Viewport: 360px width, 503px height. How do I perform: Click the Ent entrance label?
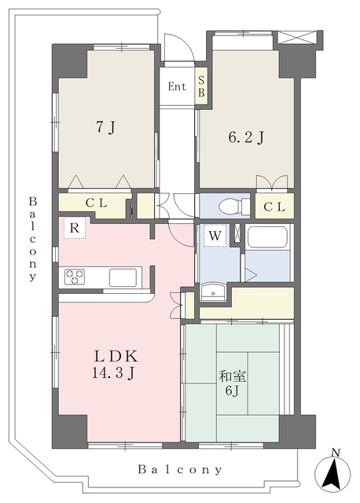tap(177, 86)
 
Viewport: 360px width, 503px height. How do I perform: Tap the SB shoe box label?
tap(201, 86)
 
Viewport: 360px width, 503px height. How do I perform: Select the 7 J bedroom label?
tap(106, 128)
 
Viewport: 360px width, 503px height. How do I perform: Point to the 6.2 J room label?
tap(246, 138)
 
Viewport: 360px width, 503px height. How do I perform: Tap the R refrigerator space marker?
tap(75, 228)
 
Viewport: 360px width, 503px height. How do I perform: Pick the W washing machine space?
tap(215, 236)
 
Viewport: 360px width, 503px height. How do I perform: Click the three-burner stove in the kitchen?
tap(75, 277)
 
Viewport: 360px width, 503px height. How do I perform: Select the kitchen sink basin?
tap(123, 277)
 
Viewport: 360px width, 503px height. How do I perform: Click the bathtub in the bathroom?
tap(267, 237)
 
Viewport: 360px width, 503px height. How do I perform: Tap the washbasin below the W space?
tap(211, 292)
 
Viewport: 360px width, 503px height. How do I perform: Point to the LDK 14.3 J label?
tap(115, 365)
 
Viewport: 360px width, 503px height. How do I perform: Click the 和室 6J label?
tap(233, 383)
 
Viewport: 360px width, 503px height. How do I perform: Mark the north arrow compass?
tap(332, 472)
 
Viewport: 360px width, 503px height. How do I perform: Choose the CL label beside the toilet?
tap(274, 207)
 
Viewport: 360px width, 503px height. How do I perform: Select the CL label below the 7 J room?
tap(96, 203)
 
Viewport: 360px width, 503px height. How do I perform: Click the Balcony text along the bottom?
tap(180, 470)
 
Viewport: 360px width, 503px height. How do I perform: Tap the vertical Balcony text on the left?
tap(33, 239)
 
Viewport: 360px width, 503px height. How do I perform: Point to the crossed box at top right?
tap(296, 37)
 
